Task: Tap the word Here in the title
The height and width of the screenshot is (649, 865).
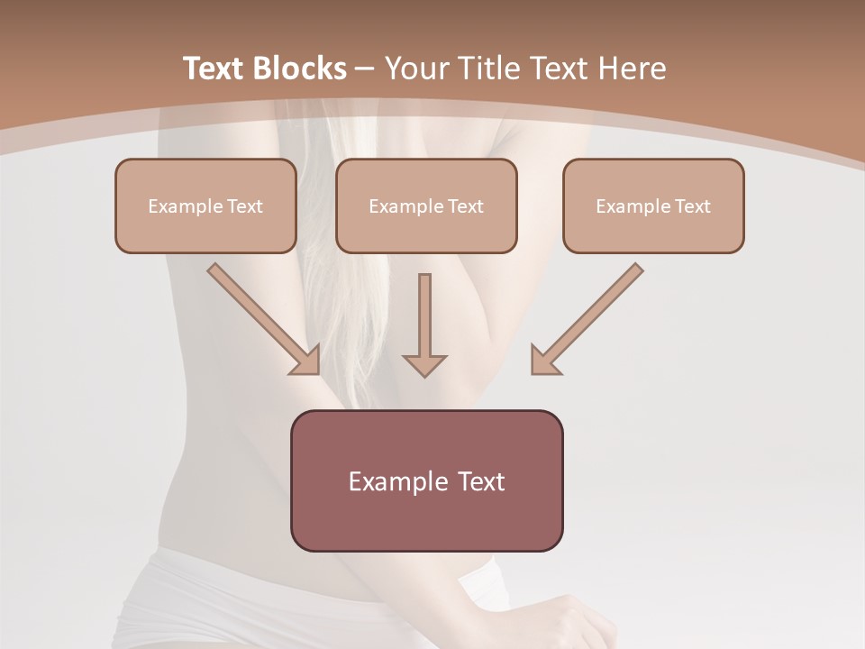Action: [631, 69]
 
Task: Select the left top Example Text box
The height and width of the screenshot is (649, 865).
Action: [205, 206]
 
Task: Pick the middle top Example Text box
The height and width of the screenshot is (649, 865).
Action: [426, 206]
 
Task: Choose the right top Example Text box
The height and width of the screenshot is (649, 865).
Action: [653, 206]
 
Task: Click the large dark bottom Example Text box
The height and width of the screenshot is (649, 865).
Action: [426, 480]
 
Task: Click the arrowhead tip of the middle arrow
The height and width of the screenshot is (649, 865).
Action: [424, 373]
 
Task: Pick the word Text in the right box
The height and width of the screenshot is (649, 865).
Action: [692, 206]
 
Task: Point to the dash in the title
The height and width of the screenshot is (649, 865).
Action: [365, 69]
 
